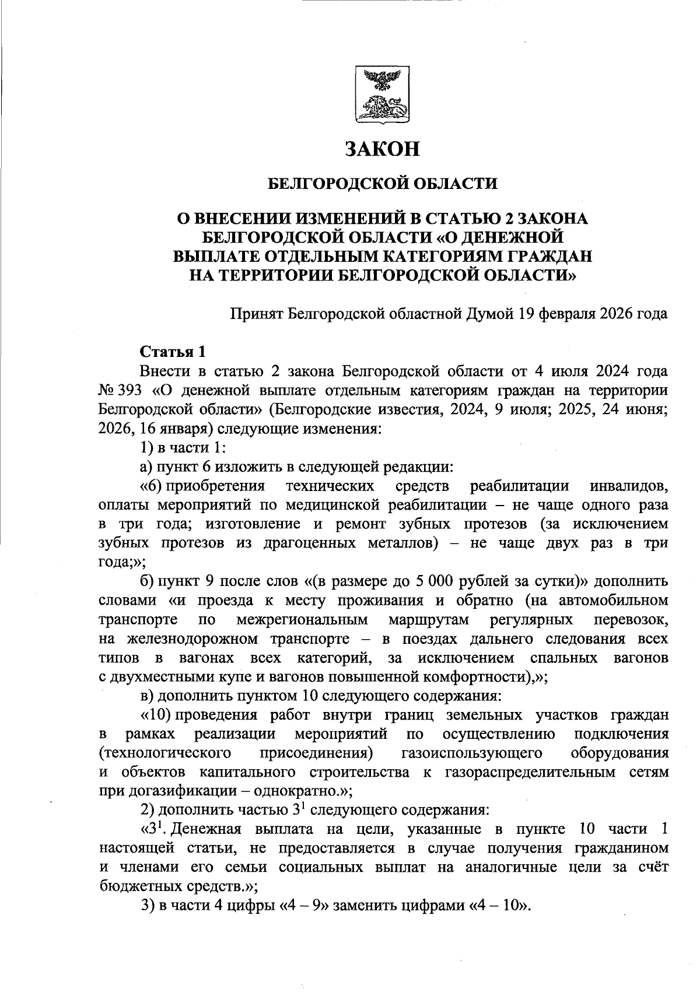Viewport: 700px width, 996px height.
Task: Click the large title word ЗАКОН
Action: [383, 149]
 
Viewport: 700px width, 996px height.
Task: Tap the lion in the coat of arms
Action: [382, 106]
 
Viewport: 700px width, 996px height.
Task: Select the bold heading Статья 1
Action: [173, 352]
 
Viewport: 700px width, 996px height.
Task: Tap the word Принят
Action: [256, 314]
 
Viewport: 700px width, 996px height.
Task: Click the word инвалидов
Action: [628, 486]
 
